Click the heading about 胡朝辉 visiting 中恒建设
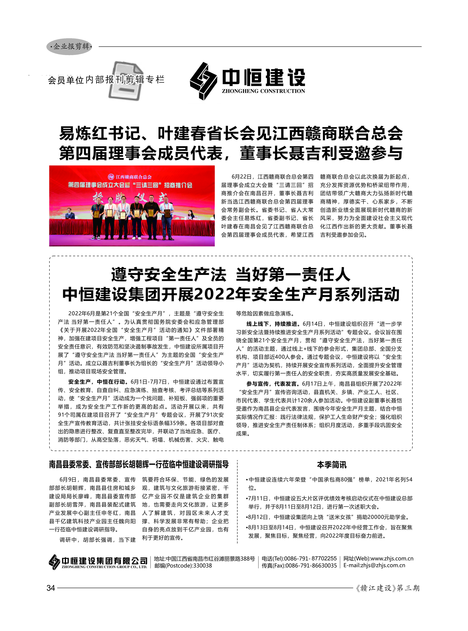coord(139,464)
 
